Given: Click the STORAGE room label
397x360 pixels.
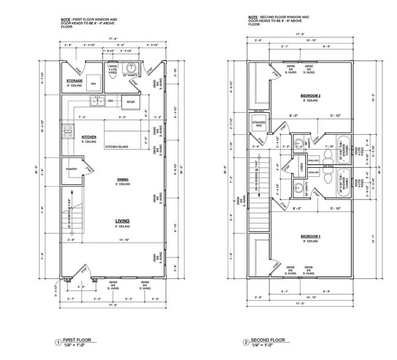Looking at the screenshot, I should coord(75,81).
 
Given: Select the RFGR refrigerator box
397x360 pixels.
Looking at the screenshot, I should coord(130,102).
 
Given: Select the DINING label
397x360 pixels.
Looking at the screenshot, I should coord(123,179).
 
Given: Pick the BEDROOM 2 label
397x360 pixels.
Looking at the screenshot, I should coord(310,96).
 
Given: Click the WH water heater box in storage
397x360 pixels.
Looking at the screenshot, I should coord(93,84).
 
